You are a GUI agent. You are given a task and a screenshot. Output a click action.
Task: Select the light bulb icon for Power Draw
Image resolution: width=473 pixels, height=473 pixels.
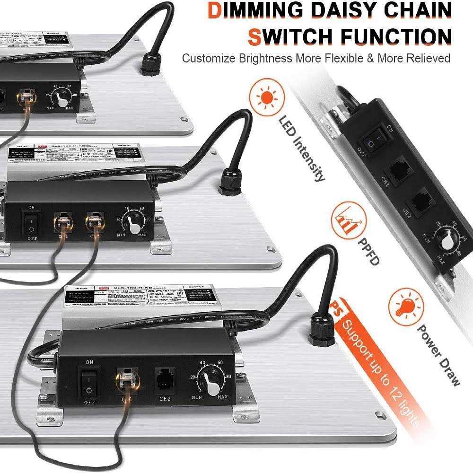coord(405,306)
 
